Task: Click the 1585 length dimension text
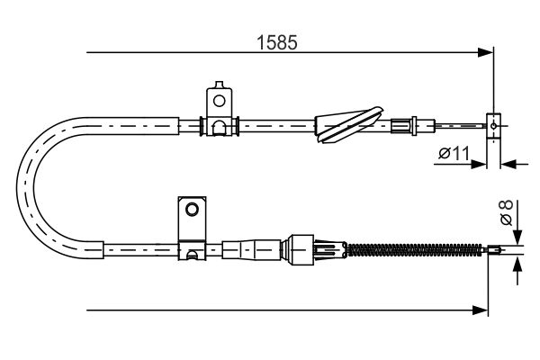[277, 42]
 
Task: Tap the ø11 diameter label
[454, 153]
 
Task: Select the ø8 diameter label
[507, 212]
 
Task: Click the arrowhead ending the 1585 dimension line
[486, 52]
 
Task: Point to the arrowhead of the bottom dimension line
[481, 310]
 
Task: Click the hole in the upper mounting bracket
[219, 101]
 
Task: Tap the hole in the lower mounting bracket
[192, 209]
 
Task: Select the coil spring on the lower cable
[414, 250]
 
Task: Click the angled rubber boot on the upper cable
[348, 125]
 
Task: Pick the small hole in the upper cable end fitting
[493, 126]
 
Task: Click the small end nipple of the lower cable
[493, 250]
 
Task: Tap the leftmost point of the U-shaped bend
[16, 188]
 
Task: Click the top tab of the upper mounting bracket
[219, 85]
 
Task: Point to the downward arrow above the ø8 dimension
[517, 236]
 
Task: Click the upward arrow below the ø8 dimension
[517, 264]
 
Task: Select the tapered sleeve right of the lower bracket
[251, 250]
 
